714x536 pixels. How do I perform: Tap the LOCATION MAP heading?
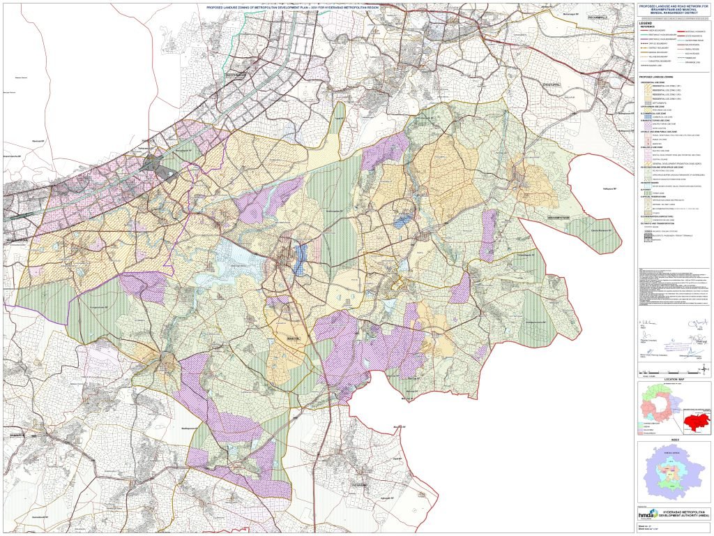tap(674, 378)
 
